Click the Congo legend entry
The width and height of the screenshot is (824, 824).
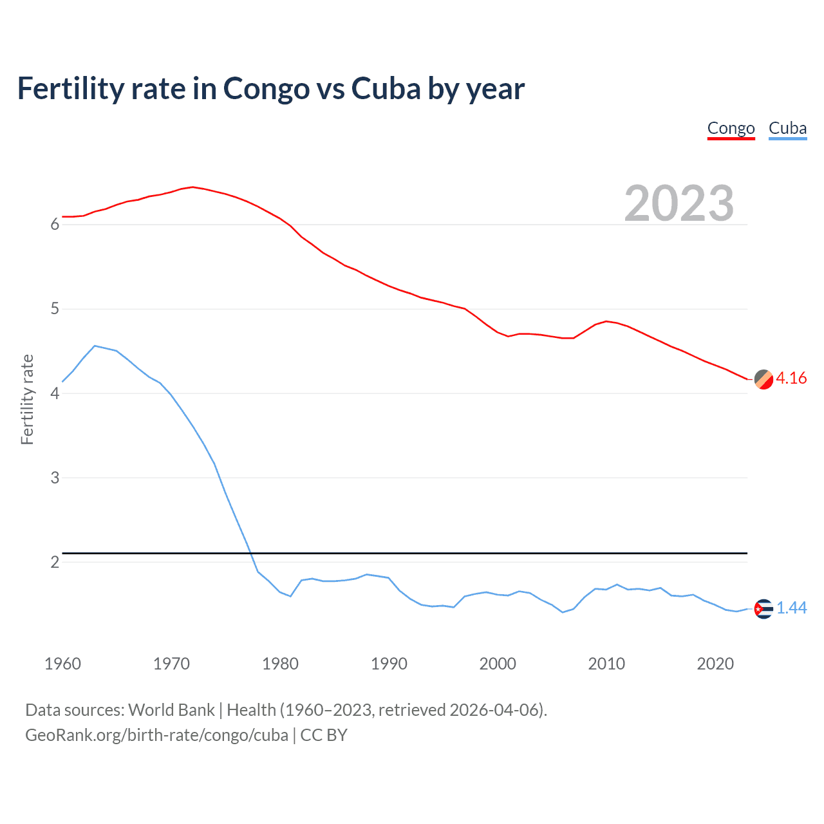[731, 128]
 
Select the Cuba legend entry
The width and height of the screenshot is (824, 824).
[787, 128]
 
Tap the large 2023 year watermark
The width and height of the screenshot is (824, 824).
[679, 203]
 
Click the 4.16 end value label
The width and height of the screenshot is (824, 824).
[791, 378]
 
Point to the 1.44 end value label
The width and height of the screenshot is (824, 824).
[791, 608]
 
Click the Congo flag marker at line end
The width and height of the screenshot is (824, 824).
[763, 380]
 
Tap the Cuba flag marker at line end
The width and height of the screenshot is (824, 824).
[763, 608]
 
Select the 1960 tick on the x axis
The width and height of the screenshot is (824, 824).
[62, 664]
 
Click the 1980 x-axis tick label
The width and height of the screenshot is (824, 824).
[280, 664]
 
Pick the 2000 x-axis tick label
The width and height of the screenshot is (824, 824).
[498, 664]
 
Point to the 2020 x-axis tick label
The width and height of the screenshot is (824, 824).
[715, 664]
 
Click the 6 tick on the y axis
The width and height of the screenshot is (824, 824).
[55, 225]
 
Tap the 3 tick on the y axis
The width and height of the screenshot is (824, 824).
[55, 478]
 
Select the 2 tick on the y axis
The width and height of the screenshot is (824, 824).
[55, 562]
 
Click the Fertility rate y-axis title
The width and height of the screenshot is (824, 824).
[27, 399]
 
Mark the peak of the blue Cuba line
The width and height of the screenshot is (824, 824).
[95, 346]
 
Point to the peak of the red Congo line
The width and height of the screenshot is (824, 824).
[192, 187]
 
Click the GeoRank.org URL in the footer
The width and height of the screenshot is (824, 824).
[156, 735]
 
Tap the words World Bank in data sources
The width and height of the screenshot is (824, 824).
[171, 710]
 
